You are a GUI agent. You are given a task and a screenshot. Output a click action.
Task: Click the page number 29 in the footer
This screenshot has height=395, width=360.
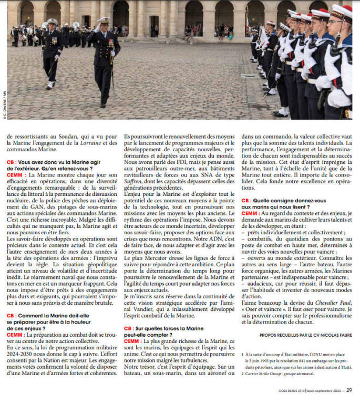349,389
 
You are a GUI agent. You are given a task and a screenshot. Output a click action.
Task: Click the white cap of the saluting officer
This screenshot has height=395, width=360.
104,20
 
